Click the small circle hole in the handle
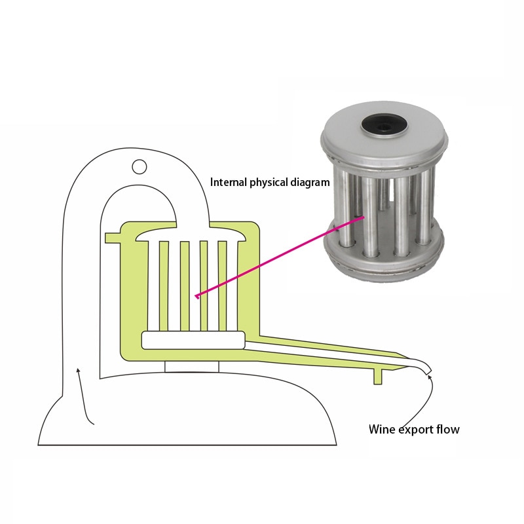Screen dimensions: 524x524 (140, 166)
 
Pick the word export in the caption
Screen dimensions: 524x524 (416, 430)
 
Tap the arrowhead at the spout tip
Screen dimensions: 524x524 (430, 377)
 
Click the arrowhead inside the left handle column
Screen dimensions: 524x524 (78, 370)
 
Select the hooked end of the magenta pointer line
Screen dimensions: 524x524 (197, 296)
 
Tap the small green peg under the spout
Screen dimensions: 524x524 (378, 377)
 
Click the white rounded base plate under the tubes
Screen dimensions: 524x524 (193, 341)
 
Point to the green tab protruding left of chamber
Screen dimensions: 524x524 (113, 238)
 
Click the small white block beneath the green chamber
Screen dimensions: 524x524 (192, 367)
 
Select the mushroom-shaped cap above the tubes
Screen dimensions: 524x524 (191, 234)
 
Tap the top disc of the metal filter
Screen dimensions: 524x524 (384, 136)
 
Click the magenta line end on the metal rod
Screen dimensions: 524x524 (363, 217)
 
